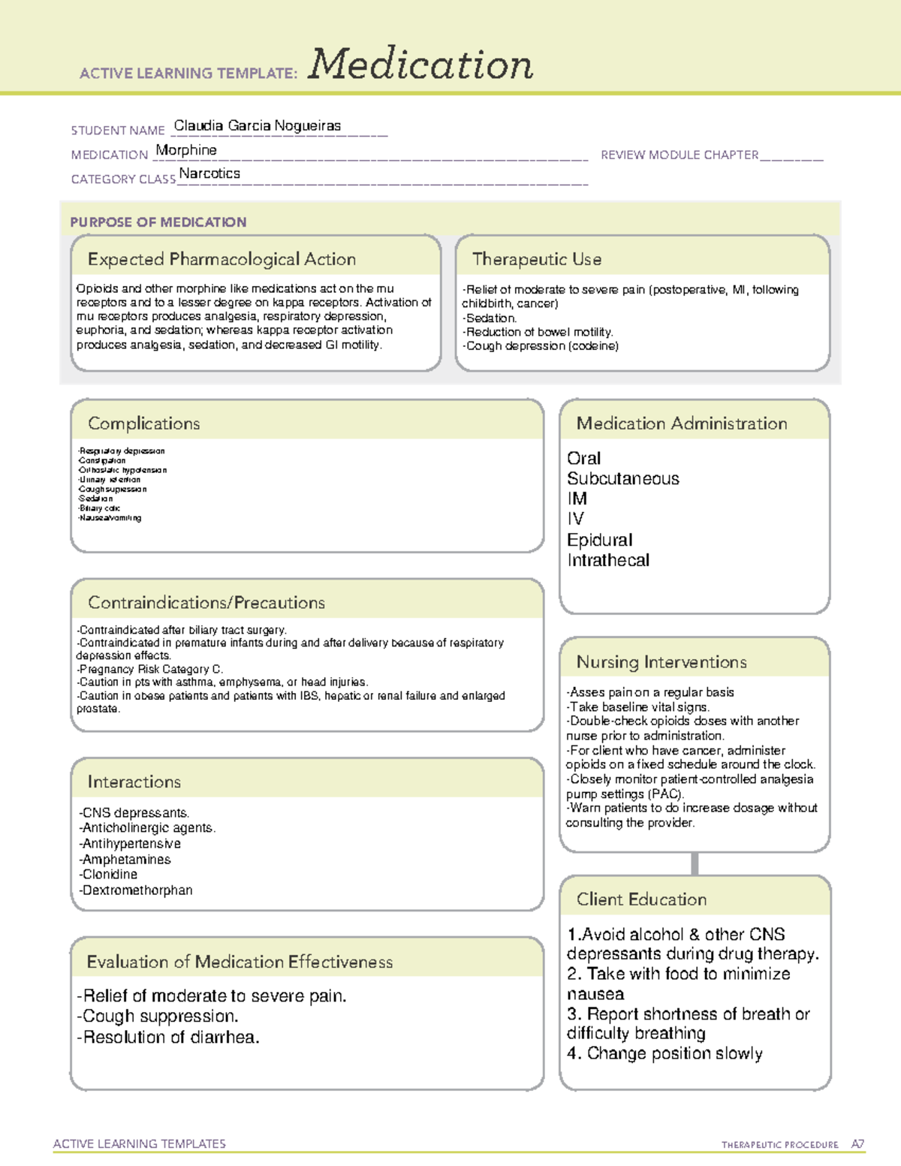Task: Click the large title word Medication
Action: pos(420,65)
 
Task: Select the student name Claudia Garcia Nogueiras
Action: pos(257,126)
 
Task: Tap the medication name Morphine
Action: pos(186,150)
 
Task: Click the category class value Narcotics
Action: pos(209,173)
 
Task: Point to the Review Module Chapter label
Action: pos(680,155)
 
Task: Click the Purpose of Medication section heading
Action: pos(158,222)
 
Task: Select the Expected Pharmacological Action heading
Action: pos(221,259)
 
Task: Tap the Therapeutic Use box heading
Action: pos(536,259)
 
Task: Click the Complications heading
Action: pos(143,423)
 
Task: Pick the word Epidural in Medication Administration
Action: pos(599,540)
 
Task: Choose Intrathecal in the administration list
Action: pos(608,560)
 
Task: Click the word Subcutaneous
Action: pos(622,479)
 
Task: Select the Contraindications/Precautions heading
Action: pos(206,602)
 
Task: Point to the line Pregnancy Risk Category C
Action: pos(150,669)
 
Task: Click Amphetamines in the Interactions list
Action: pos(126,860)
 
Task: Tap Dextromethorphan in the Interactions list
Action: pos(137,890)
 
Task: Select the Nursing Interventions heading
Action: pos(661,662)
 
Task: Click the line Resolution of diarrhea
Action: pos(169,1038)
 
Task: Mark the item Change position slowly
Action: pos(665,1053)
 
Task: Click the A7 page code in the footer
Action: pos(857,1144)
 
